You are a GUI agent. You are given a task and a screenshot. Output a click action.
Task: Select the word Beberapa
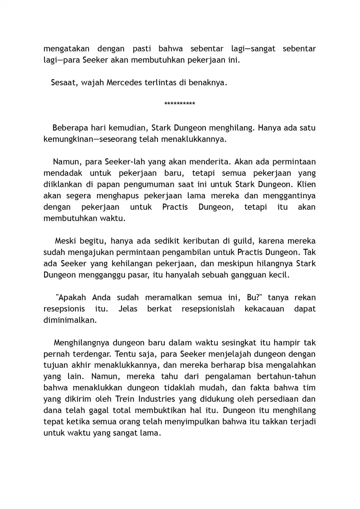[69, 128]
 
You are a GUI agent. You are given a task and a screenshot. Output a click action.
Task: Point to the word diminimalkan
[70, 320]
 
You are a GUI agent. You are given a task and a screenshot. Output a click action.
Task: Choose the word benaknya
[209, 83]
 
